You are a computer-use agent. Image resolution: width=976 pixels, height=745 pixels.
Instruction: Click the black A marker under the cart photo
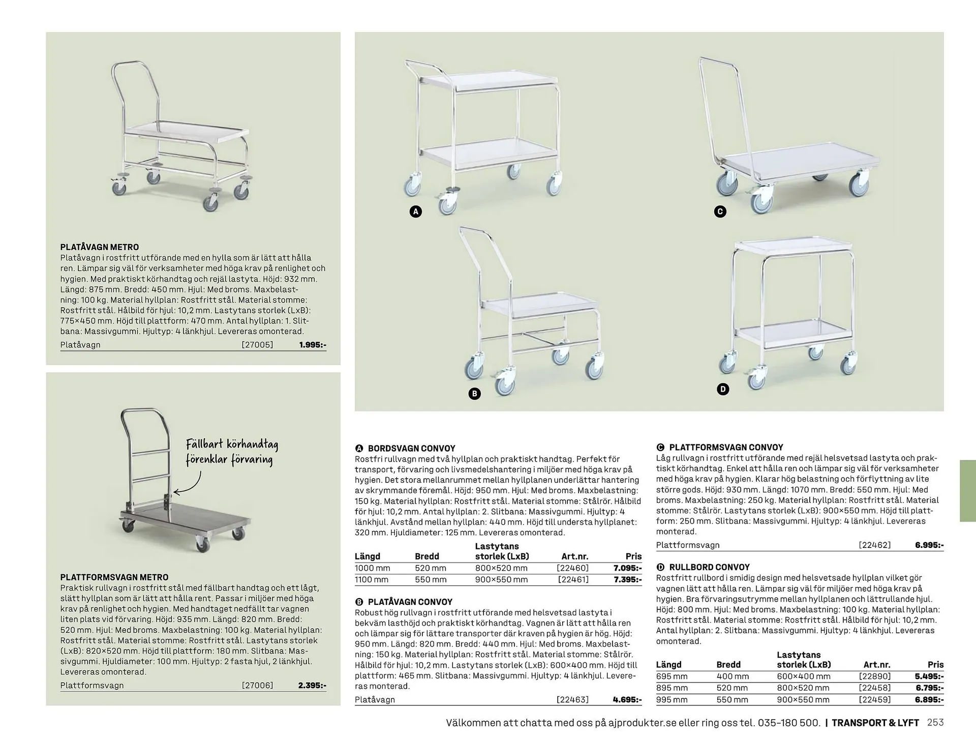click(416, 211)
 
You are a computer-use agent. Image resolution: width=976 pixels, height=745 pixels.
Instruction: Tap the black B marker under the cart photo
click(474, 394)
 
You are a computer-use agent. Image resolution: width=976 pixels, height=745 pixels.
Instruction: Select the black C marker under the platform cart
click(720, 211)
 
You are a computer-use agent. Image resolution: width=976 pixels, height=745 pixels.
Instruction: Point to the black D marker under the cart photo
click(723, 389)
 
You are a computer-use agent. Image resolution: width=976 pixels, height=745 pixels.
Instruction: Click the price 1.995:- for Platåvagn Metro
click(313, 345)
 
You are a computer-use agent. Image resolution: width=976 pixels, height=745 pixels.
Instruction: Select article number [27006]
click(257, 685)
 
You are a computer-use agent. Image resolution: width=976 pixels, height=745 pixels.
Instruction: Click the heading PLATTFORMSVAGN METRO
click(114, 577)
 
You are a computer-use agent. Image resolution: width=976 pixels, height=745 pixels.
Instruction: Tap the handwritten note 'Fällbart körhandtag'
click(232, 444)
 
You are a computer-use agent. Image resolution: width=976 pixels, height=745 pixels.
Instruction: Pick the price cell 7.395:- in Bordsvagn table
click(627, 579)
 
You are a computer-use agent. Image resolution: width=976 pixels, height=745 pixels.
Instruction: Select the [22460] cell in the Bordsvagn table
click(572, 568)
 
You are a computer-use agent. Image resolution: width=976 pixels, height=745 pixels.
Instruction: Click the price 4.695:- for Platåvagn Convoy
click(627, 699)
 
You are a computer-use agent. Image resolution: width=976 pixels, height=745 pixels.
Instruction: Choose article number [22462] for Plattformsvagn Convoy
click(874, 545)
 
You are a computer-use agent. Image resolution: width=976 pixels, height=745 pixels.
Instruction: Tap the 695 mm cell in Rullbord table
click(672, 676)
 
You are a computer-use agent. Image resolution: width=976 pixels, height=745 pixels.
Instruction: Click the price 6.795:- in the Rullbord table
click(929, 688)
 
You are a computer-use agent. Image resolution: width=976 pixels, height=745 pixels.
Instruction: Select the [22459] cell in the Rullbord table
click(874, 699)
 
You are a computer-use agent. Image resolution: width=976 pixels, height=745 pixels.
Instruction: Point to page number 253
click(935, 723)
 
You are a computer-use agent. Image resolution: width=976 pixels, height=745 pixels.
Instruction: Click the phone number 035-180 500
click(789, 723)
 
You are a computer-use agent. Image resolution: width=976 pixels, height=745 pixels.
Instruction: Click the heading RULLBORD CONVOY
click(709, 567)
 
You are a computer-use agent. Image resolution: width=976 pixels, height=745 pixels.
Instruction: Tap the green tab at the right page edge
click(967, 491)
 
